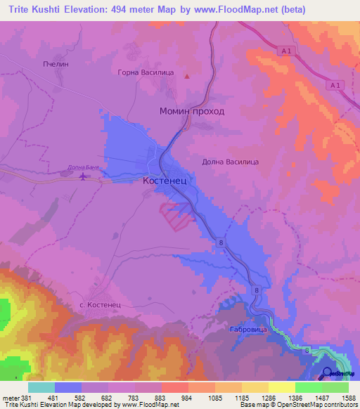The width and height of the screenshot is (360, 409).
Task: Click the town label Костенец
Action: pos(160,181)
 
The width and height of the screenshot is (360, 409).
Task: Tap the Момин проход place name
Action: pos(192,112)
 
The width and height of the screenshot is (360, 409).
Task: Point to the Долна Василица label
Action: pos(231,162)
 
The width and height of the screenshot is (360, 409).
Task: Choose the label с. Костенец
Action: pos(101,305)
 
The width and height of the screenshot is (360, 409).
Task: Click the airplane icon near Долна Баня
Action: pos(84,176)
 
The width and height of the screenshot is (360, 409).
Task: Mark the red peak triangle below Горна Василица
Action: pos(187,77)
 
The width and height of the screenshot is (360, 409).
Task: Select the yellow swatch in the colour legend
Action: pos(282,387)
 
